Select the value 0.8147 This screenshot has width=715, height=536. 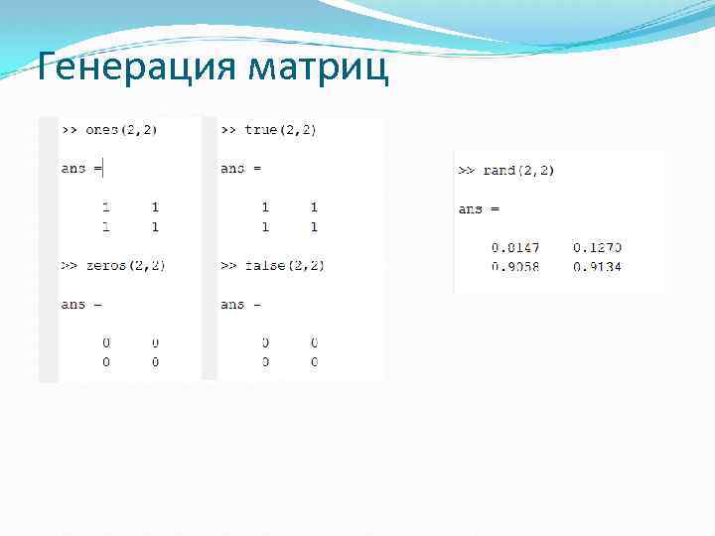click(x=514, y=247)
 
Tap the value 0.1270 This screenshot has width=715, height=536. click(x=597, y=247)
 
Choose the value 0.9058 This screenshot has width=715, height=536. click(x=514, y=266)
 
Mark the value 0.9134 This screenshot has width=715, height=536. click(x=597, y=266)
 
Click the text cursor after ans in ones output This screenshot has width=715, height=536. click(x=103, y=169)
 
